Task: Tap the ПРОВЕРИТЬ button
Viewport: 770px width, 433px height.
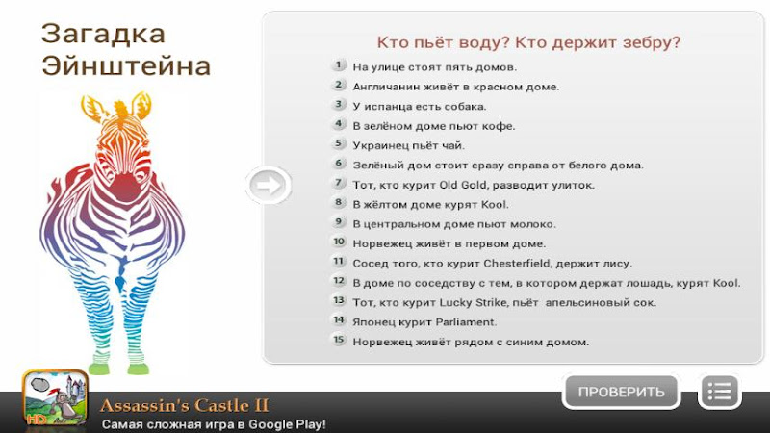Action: pos(621,392)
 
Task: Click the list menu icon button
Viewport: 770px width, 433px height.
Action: pos(720,392)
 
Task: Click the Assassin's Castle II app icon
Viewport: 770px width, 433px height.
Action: pos(56,397)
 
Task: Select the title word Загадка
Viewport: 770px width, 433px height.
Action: pos(103,35)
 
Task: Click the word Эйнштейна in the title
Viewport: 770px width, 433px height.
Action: pos(126,65)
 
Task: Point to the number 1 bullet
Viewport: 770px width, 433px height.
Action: pos(339,64)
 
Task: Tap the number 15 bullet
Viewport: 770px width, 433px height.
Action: pos(339,340)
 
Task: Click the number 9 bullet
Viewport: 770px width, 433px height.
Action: pos(339,222)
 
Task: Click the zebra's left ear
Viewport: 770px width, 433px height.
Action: pos(92,108)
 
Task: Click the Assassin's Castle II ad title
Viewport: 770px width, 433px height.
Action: pos(184,405)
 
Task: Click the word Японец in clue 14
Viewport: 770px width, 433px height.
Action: pos(372,322)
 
